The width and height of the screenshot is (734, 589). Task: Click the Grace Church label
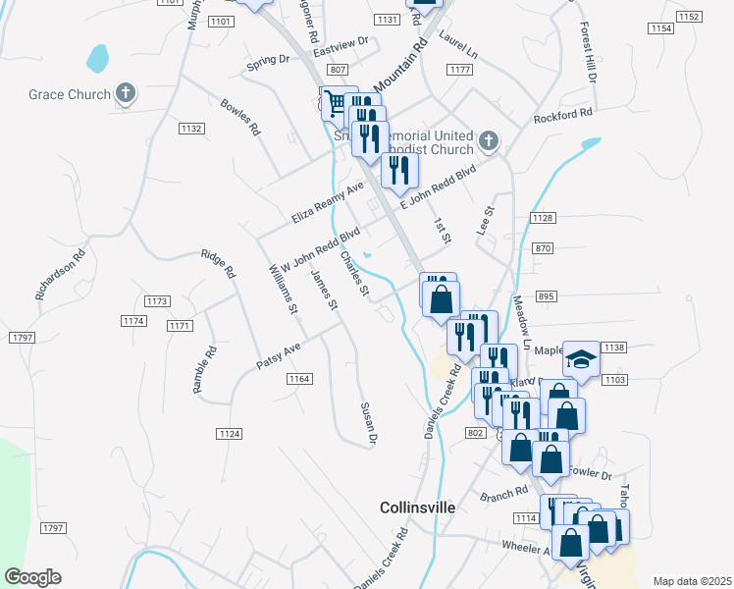pyautogui.click(x=68, y=95)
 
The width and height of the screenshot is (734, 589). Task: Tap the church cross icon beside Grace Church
pyautogui.click(x=125, y=94)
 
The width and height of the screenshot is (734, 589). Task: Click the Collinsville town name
pyautogui.click(x=418, y=508)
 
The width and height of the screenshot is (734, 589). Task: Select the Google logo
pyautogui.click(x=32, y=577)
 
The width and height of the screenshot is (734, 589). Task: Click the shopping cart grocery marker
pyautogui.click(x=337, y=102)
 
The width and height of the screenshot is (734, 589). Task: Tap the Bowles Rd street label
pyautogui.click(x=240, y=117)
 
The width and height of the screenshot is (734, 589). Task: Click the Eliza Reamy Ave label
pyautogui.click(x=328, y=200)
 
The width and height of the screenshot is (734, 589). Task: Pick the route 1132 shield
pyautogui.click(x=191, y=129)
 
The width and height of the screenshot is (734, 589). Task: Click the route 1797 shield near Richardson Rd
pyautogui.click(x=22, y=338)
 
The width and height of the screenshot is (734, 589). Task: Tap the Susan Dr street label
pyautogui.click(x=369, y=424)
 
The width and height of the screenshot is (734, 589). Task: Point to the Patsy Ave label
pyautogui.click(x=278, y=356)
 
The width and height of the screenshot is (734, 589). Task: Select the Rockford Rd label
pyautogui.click(x=563, y=117)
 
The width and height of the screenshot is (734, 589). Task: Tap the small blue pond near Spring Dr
pyautogui.click(x=97, y=57)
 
